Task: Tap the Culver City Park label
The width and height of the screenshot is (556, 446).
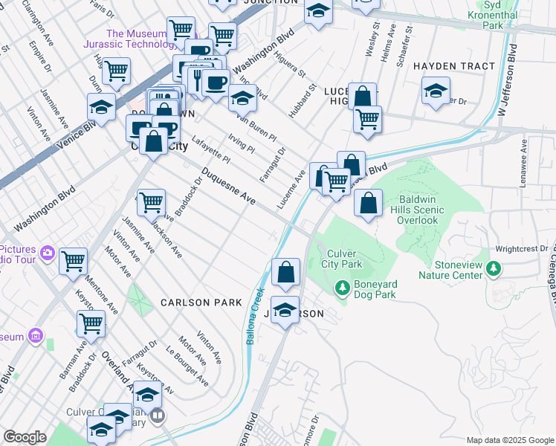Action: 342,258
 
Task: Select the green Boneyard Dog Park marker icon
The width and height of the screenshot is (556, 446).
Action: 342,286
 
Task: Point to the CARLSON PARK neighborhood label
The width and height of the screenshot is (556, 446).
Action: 201,303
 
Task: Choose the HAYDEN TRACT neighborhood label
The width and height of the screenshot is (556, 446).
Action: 453,66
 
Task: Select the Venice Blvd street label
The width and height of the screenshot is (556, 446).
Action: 75,131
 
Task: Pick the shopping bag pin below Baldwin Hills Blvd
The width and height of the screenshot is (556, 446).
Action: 368,203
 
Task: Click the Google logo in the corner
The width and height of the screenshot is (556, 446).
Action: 25,437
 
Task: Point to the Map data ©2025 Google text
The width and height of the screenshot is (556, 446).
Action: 509,440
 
